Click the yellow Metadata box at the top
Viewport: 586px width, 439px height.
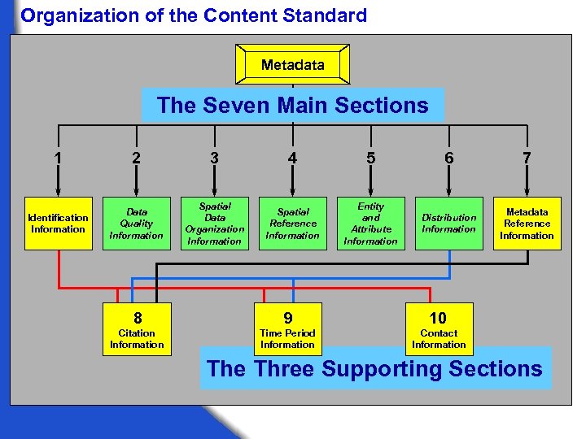293,64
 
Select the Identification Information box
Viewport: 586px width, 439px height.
59,224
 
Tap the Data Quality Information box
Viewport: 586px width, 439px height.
136,224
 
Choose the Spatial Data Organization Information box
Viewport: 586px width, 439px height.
214,224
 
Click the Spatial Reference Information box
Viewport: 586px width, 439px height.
292,224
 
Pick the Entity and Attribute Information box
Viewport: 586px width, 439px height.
370,224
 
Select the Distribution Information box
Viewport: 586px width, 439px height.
448,224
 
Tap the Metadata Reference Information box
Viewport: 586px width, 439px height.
527,224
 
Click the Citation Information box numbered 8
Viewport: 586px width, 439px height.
137,328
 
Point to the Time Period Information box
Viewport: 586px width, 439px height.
287,328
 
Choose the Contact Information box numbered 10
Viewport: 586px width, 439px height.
439,328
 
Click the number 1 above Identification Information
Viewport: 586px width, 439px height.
58,159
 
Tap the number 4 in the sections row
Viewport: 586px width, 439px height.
292,159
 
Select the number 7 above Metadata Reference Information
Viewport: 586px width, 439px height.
527,159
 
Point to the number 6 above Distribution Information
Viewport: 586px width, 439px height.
448,159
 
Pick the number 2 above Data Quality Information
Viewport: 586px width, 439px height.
136,159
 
